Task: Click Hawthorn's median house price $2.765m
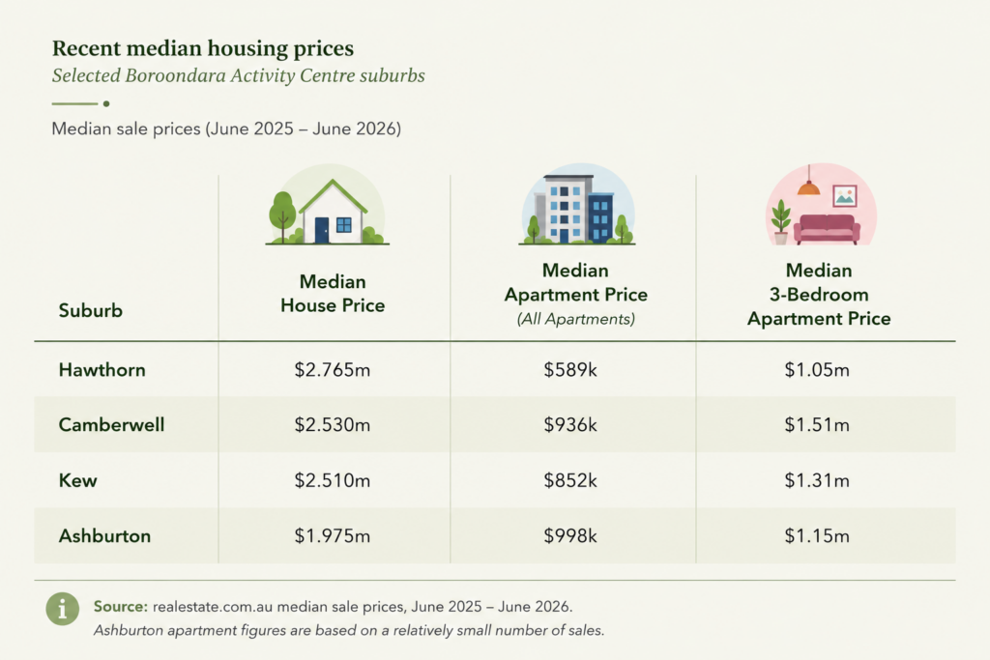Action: coord(333,370)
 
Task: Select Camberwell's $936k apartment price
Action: coord(570,424)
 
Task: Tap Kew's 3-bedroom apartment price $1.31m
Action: coord(817,481)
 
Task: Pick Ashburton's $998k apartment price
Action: coord(570,536)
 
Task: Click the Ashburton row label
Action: coord(104,536)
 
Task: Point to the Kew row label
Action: coord(77,481)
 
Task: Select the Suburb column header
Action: coord(90,310)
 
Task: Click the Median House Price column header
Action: coord(333,294)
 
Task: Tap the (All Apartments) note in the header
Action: coord(576,319)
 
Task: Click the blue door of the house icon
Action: coord(322,230)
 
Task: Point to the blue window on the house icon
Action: coord(344,224)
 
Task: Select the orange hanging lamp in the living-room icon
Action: coord(809,187)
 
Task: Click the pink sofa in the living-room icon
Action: coord(828,229)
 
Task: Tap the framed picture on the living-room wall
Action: coord(845,196)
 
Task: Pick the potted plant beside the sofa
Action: coord(781,222)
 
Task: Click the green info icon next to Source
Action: coord(63,609)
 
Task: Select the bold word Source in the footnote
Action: coord(121,606)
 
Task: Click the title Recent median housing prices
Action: coord(203,48)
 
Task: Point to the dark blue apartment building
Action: coord(600,217)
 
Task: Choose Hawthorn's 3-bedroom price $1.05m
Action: coord(817,370)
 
